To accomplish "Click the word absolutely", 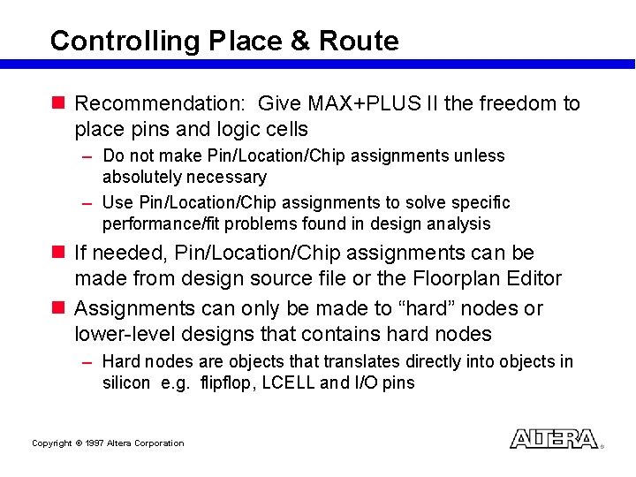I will (139, 178).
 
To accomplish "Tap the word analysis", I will (461, 224).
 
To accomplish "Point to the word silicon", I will (126, 383).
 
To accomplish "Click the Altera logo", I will (554, 439).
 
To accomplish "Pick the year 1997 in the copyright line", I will (95, 443).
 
